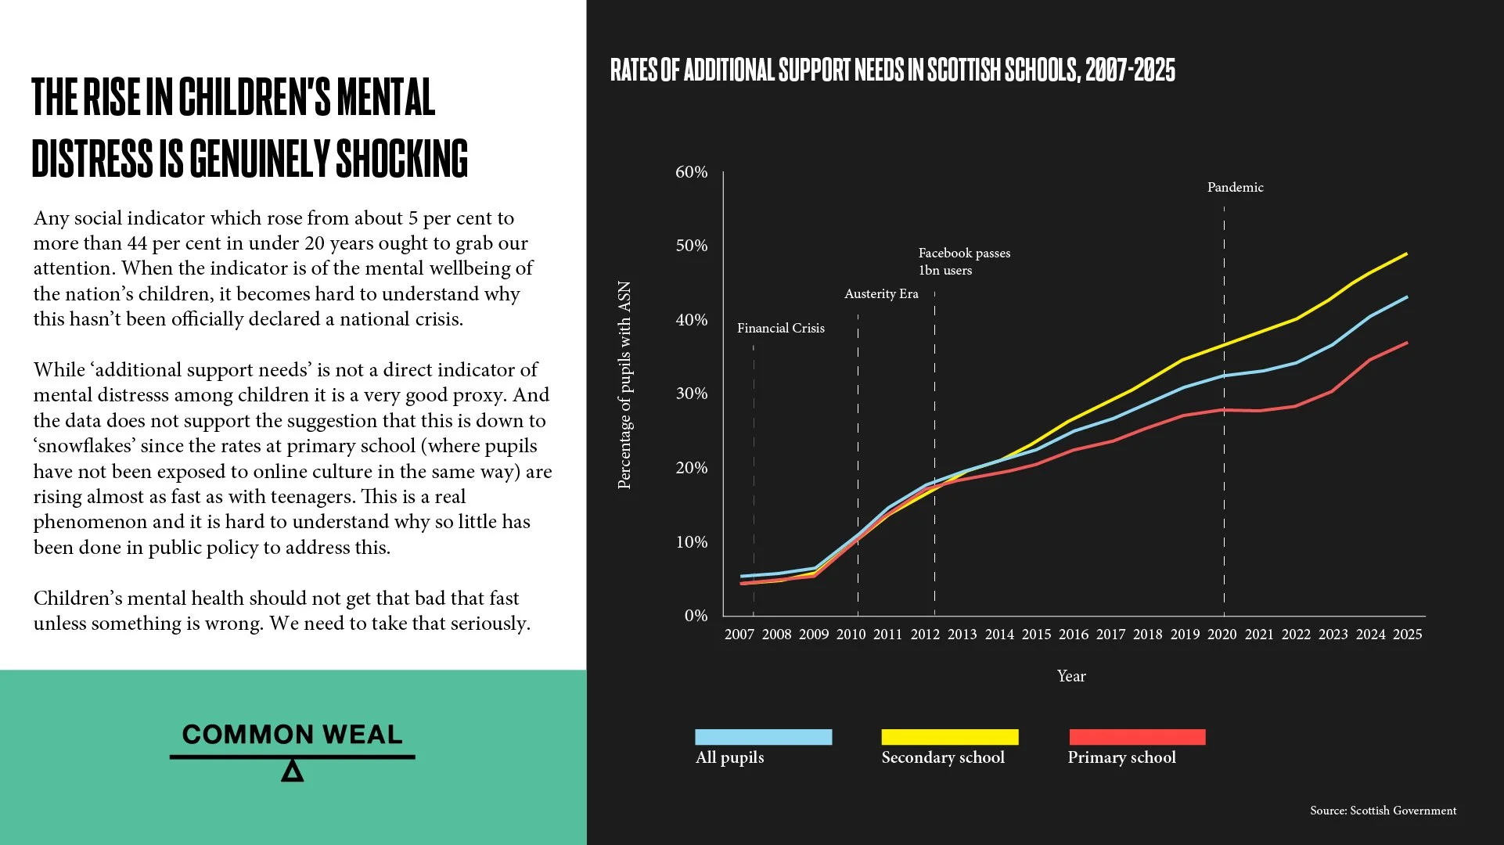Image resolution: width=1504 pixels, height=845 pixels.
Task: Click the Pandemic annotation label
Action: tap(1235, 187)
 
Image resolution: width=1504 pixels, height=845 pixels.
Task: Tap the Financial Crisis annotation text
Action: tap(780, 328)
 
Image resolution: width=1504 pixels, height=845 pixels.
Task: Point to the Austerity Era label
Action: tap(881, 293)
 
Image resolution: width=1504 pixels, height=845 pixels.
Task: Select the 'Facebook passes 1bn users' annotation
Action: tap(963, 261)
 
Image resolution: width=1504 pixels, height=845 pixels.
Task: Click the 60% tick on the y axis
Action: tap(691, 172)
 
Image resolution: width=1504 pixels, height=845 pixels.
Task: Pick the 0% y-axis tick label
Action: tap(696, 616)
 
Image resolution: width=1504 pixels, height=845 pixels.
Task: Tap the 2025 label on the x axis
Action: tap(1407, 635)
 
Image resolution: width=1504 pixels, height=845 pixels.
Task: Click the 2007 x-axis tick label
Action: tap(739, 635)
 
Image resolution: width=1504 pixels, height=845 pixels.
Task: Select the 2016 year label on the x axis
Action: tap(1073, 635)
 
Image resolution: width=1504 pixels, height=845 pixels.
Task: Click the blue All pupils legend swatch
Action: tap(763, 737)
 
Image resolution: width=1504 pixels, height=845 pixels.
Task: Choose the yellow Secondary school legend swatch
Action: tap(949, 737)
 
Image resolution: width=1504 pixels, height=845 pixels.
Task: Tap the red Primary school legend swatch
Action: tap(1137, 737)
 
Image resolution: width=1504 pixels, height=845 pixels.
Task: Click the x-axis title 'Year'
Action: tap(1071, 676)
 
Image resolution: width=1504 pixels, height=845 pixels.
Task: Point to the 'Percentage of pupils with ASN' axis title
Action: tap(624, 385)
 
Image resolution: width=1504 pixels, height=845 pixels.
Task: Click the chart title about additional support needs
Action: tap(892, 70)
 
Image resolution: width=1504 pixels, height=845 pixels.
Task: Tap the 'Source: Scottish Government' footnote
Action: tap(1383, 811)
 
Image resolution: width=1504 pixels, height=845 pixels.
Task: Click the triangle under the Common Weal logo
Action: tap(292, 771)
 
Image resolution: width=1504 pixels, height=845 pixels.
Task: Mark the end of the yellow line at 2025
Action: tap(1406, 253)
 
